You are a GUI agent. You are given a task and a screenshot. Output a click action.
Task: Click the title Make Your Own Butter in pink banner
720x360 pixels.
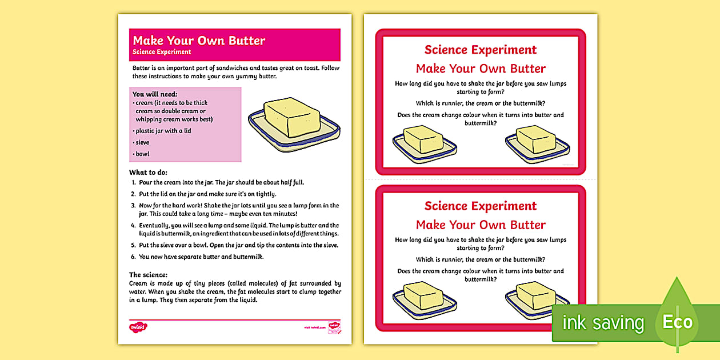[x=199, y=41]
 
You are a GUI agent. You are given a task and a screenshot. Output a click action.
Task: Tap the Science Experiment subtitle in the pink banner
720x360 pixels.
[x=162, y=52]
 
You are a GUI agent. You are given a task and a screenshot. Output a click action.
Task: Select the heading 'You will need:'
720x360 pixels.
[x=155, y=94]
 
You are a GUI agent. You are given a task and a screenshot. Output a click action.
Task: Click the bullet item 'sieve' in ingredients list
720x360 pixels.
[x=142, y=142]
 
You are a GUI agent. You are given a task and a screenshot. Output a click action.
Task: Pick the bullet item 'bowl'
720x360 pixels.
[x=142, y=154]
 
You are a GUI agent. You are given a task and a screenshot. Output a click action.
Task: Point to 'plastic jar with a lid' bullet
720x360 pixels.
[x=163, y=131]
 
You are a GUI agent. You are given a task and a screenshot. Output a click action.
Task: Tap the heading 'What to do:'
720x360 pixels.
[x=148, y=172]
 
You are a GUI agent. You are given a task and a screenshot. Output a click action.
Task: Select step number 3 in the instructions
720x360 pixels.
[x=133, y=205]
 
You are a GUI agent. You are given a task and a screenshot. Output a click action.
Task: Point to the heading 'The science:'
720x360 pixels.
[x=148, y=275]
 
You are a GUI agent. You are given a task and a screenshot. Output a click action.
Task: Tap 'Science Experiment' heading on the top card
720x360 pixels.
[x=481, y=50]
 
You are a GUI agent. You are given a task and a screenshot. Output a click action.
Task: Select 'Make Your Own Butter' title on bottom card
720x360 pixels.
[x=481, y=225]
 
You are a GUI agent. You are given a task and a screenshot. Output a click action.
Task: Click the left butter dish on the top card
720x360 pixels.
[x=424, y=144]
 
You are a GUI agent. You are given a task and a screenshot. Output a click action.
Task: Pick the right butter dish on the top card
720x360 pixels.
[x=537, y=144]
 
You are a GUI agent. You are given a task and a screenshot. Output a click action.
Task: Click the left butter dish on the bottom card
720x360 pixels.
[x=424, y=299]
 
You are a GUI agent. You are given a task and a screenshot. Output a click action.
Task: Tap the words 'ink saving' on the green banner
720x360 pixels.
[x=603, y=323]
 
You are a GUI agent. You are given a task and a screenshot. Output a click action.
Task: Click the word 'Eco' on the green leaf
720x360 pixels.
[x=678, y=322]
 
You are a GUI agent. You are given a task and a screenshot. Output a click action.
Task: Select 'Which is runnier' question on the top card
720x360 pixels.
[x=481, y=103]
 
